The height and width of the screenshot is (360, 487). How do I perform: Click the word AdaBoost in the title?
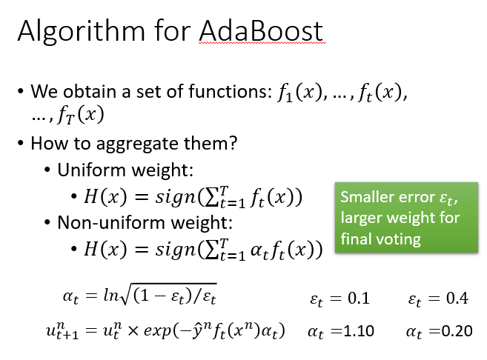pos(261,31)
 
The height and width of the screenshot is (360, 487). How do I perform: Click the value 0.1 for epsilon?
pos(359,299)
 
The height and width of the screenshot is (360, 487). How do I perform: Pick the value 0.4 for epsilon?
pos(457,299)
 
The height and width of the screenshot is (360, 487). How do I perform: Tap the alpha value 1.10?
pos(359,331)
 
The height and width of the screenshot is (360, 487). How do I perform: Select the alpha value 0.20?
pos(457,331)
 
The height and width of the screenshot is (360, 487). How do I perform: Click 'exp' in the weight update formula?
pos(157,331)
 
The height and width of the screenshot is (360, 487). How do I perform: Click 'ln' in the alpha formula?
pos(111,295)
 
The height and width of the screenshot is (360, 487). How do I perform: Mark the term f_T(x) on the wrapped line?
pos(81,116)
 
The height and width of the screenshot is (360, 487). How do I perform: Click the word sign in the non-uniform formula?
pos(176,250)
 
